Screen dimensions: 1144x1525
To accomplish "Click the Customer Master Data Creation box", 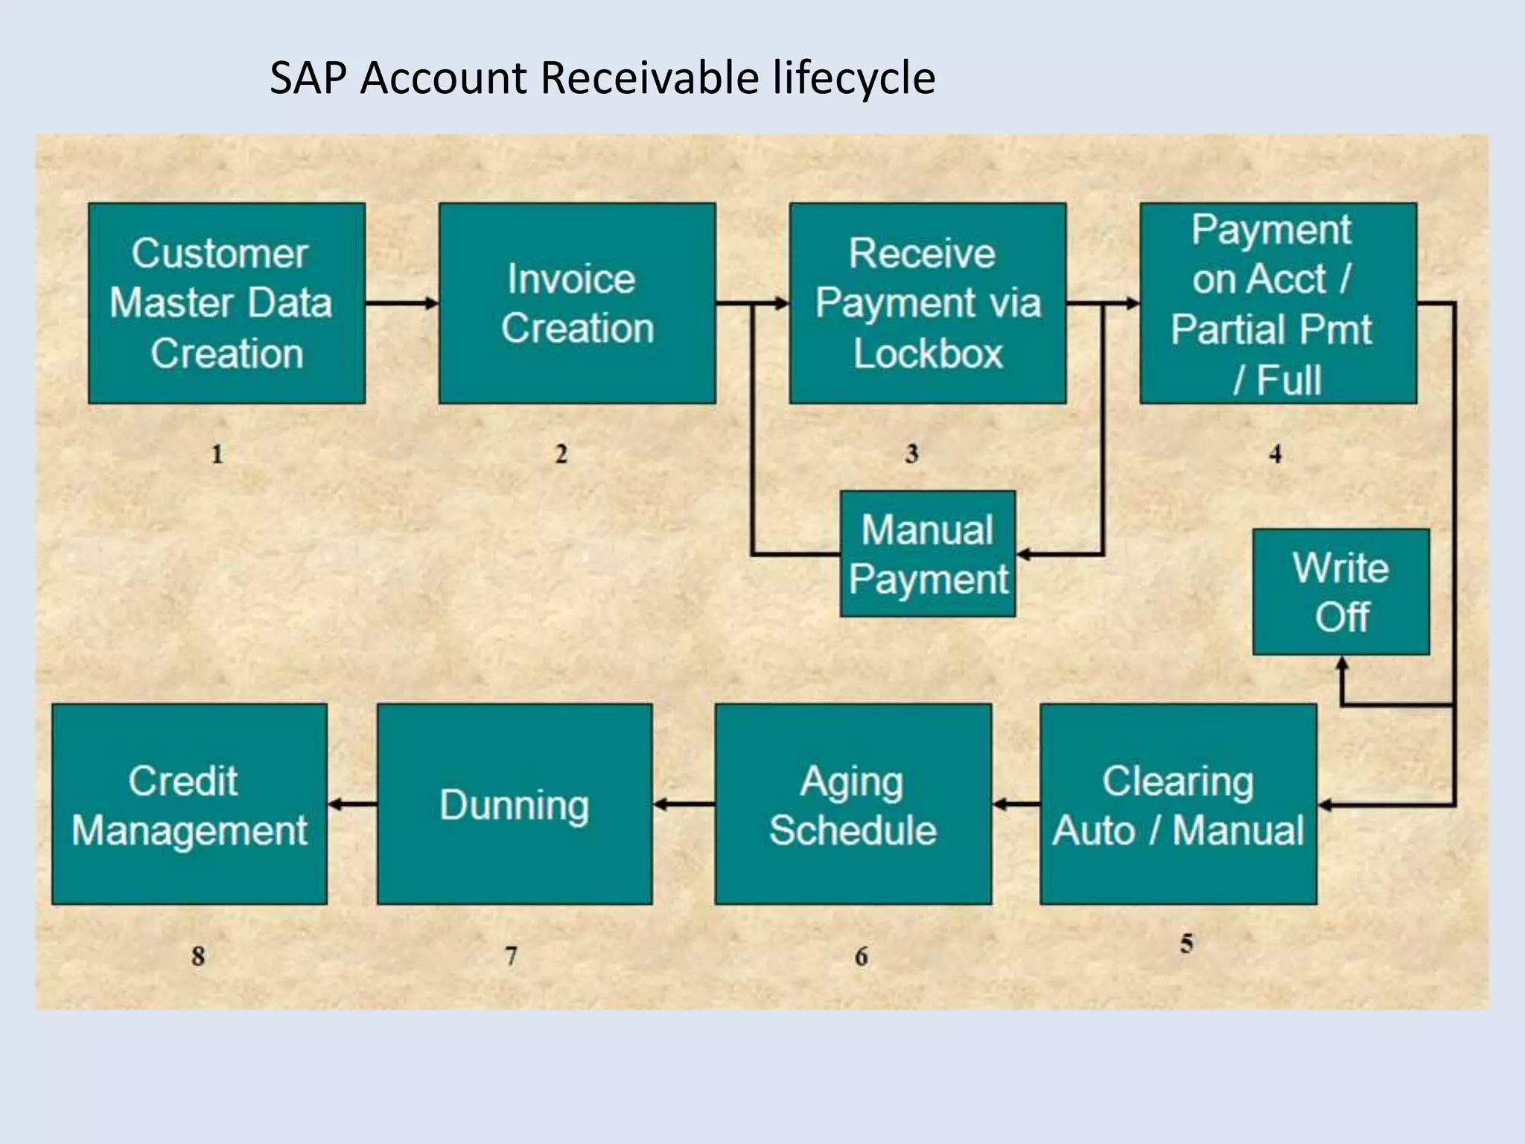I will tap(226, 303).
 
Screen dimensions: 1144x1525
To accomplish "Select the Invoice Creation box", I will tap(577, 303).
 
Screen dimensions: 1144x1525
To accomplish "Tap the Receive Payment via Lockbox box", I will tap(927, 303).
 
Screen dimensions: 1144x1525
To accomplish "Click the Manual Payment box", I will tap(927, 554).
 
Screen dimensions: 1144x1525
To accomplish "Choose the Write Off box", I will tap(1340, 592).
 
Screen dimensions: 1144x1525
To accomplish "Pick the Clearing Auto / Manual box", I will tap(1178, 804).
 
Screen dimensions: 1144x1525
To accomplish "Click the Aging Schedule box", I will tap(853, 804).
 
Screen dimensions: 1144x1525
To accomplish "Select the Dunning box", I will tap(515, 804).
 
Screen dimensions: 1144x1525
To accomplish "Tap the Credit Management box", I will tap(189, 804).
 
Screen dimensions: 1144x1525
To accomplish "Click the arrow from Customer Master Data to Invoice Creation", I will tap(402, 303).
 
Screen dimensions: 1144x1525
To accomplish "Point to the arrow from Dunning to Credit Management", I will tap(352, 804).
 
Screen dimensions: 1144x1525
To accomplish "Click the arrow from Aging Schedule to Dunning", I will tap(684, 804).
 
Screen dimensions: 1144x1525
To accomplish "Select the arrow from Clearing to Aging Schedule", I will tap(1016, 804).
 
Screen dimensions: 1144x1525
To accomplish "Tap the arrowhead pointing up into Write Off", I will tap(1342, 664).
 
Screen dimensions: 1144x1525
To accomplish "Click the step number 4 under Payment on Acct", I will tap(1276, 454).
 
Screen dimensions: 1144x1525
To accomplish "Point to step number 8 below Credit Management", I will tap(197, 956).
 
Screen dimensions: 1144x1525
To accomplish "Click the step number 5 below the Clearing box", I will tap(1186, 944).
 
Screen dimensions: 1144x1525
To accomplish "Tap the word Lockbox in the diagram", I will tap(928, 354).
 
